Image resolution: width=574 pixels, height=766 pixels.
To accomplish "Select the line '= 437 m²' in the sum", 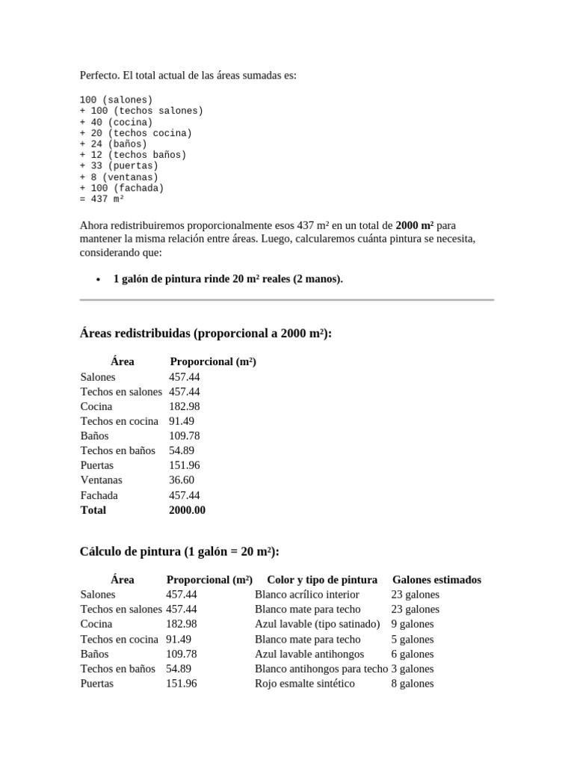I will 102,200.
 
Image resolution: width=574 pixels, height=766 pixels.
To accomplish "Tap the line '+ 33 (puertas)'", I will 119,166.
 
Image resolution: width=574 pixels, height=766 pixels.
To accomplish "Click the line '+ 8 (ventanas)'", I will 119,177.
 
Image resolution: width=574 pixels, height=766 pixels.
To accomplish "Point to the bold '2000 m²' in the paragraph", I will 415,225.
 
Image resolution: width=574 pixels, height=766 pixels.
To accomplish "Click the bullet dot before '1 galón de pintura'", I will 99,280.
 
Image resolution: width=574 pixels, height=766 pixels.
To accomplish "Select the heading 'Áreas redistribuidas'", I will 205,334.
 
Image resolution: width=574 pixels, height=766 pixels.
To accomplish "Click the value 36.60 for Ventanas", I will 182,480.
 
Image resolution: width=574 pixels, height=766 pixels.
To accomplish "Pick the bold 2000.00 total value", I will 188,510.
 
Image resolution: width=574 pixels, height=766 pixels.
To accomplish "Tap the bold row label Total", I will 93,510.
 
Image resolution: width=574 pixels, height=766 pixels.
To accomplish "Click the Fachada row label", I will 99,495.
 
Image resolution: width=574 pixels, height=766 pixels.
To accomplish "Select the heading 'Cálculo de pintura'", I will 179,551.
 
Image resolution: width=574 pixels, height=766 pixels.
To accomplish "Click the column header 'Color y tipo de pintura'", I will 322,580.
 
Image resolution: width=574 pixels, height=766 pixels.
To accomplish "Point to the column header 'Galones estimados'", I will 436,580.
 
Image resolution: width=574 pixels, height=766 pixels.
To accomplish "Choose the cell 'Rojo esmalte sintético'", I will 305,684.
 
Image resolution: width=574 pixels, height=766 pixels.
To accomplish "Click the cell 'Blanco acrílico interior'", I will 307,595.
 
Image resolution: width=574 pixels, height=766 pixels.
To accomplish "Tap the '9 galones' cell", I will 413,624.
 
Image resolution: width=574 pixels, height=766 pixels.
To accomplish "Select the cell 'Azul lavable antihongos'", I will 309,654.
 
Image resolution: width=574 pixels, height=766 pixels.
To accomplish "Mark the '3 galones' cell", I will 413,669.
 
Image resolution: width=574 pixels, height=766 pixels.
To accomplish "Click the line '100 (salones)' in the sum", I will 116,99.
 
